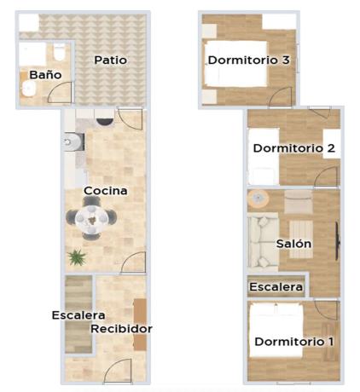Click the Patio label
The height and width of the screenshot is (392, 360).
point(111,60)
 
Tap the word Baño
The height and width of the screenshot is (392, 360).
point(45,75)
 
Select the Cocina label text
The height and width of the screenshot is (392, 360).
point(106,191)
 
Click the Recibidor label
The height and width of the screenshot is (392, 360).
point(121,328)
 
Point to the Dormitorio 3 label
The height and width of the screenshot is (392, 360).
point(249,60)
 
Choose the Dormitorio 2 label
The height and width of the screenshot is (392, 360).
point(293,148)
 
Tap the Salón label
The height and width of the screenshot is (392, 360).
point(293,244)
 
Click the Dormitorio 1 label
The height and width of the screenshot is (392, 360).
point(293,342)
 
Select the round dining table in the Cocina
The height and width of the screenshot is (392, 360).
point(90,219)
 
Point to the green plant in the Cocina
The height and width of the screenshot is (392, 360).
point(78,256)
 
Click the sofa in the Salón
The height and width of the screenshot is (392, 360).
point(258,241)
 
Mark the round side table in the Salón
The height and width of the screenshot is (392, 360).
point(257,199)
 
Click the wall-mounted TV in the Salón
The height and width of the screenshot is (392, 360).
point(339,240)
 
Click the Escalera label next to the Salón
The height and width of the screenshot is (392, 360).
point(276,287)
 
